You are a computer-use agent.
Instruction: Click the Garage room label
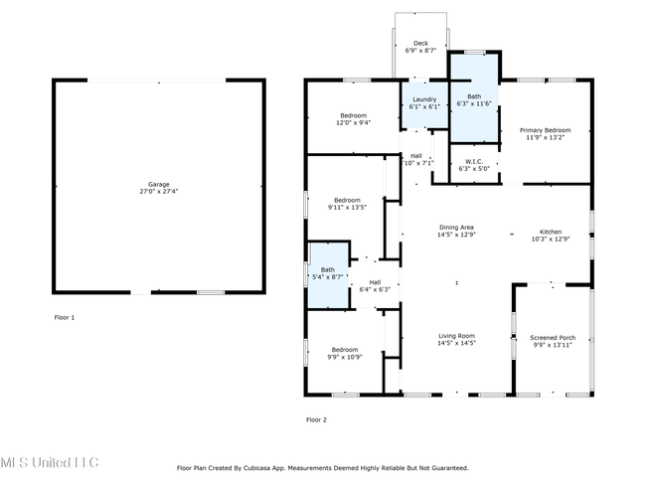pos(159,184)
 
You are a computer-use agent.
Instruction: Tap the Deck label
pos(420,43)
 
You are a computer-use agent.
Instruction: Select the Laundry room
pos(424,104)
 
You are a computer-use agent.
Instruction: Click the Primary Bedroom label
pos(545,130)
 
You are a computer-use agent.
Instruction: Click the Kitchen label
pos(551,232)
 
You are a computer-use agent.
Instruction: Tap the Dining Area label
pos(456,227)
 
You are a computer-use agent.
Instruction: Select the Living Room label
pos(456,335)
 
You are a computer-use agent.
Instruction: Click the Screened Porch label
pos(553,338)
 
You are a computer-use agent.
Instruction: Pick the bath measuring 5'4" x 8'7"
pos(328,274)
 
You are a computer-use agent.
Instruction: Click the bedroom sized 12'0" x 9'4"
pos(353,117)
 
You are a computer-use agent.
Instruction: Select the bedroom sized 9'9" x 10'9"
pos(345,352)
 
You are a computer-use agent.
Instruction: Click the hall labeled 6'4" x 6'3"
pos(375,285)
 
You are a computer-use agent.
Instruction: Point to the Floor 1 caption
pos(65,317)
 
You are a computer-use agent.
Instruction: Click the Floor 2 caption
pos(316,419)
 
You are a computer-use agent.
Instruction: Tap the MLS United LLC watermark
pos(50,462)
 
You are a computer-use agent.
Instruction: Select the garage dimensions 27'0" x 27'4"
pos(159,191)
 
